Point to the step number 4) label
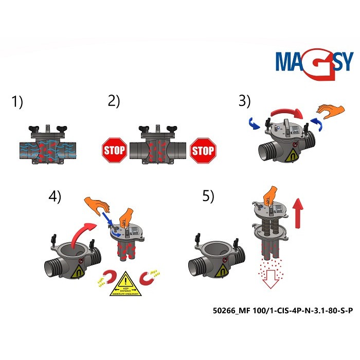pyautogui.click(x=55, y=197)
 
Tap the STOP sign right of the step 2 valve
pyautogui.click(x=203, y=150)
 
